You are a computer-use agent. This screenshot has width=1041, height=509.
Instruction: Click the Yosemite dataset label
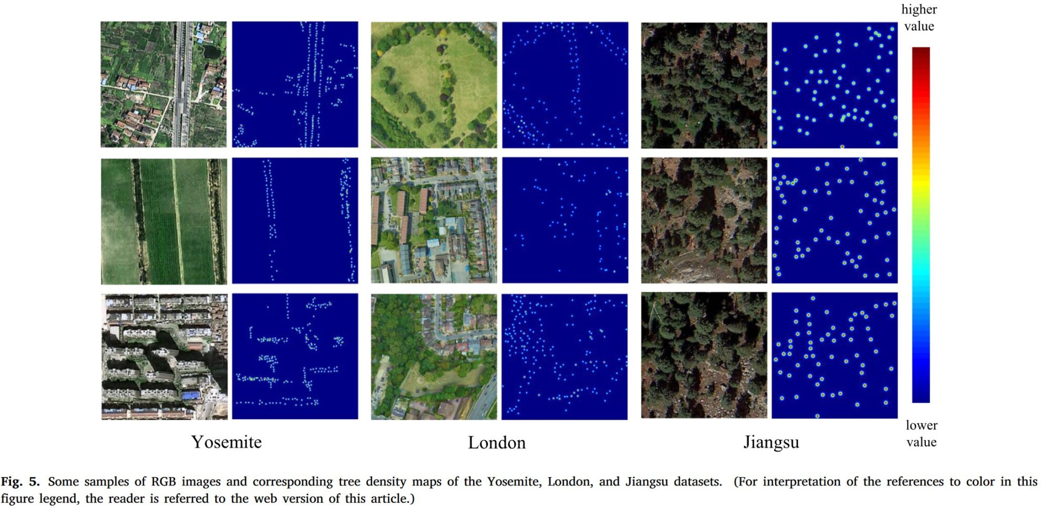tap(226, 442)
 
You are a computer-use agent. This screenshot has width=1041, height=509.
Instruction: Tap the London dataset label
tap(496, 443)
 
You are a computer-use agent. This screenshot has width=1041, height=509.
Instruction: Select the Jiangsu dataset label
tap(771, 442)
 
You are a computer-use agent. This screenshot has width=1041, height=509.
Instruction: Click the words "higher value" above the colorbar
tap(919, 18)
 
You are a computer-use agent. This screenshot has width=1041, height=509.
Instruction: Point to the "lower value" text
tap(921, 433)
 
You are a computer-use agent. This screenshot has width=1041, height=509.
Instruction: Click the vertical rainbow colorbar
tap(921, 225)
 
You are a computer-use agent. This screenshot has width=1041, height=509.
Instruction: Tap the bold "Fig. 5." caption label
tap(20, 482)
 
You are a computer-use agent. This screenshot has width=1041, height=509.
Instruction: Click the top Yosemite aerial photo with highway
tap(164, 84)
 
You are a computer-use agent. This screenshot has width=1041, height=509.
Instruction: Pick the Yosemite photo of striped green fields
tap(164, 221)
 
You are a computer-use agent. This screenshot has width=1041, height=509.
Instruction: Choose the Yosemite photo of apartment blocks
tap(164, 357)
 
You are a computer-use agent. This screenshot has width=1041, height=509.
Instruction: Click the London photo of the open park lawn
tap(434, 85)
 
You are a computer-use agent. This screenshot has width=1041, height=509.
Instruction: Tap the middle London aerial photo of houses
tap(434, 220)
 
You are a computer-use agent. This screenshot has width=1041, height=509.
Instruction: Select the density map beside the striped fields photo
tap(295, 221)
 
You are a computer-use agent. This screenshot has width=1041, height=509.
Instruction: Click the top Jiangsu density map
tap(834, 85)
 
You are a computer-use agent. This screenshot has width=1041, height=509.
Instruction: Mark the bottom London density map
tap(565, 357)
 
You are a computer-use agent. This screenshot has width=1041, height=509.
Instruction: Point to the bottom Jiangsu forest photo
tap(704, 355)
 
